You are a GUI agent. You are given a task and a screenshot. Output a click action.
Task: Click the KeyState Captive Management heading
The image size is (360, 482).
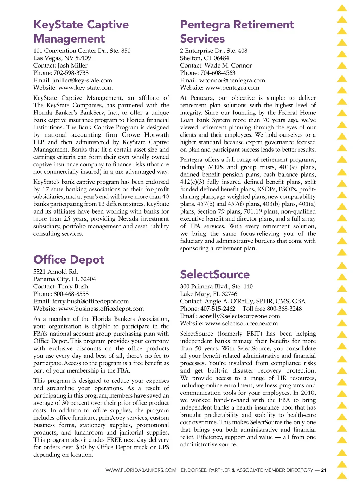(81, 32)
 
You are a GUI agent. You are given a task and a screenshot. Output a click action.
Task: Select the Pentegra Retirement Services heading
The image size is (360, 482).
(237, 32)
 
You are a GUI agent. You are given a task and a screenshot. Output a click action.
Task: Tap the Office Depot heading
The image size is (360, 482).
(69, 260)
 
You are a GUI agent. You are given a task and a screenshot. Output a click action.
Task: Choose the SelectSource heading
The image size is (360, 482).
(215, 274)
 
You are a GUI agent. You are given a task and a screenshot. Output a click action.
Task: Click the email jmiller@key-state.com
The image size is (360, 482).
(82, 80)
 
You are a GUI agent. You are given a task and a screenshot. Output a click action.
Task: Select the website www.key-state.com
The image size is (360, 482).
(85, 88)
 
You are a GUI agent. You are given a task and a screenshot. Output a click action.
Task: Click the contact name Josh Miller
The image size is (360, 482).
(72, 65)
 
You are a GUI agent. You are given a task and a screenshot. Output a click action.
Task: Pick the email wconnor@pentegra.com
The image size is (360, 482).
(232, 80)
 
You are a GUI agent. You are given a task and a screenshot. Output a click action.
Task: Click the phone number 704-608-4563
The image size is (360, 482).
(218, 73)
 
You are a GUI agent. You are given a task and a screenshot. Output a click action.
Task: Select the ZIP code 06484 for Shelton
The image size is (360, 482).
(221, 58)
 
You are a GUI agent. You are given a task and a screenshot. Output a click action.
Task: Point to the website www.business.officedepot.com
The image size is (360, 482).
(101, 309)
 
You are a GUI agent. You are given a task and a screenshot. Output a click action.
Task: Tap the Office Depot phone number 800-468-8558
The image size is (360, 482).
(71, 294)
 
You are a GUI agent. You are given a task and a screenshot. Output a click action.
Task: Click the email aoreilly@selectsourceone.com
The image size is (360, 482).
(239, 316)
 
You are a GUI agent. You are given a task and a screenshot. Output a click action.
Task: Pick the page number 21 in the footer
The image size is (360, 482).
(324, 470)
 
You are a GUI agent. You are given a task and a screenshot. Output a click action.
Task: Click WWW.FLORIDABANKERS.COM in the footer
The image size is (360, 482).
(141, 470)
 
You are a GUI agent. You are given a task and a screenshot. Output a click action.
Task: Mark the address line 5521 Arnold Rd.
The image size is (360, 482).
(56, 272)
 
